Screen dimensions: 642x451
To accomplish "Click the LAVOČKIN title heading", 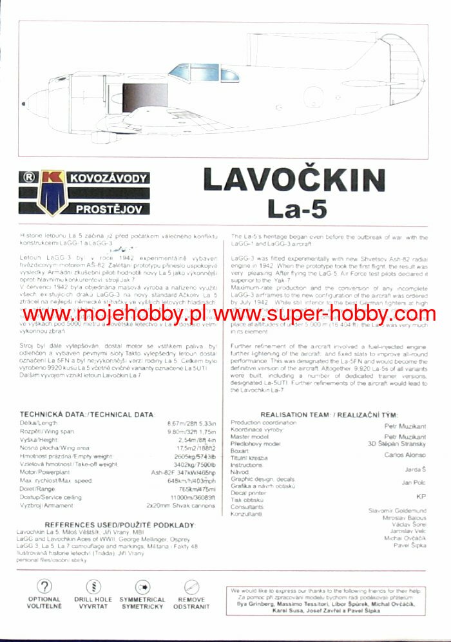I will click(x=294, y=180).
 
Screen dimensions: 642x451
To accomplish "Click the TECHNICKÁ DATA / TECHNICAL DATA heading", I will click(x=87, y=414).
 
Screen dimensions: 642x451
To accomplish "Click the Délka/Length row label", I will click(x=38, y=422).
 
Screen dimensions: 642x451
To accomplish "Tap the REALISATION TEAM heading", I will click(x=329, y=414).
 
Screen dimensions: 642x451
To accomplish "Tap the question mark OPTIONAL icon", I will click(x=44, y=587).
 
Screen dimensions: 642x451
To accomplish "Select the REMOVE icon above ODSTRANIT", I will click(x=191, y=587).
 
